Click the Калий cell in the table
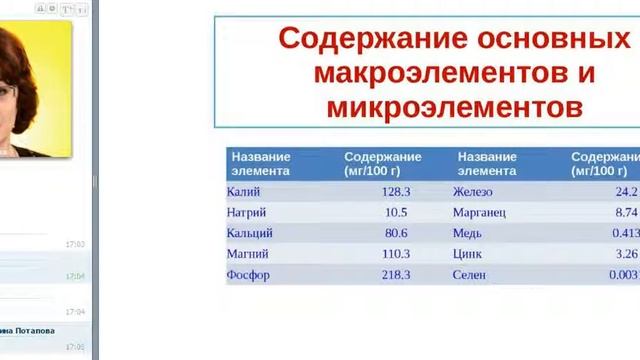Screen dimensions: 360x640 (242, 192)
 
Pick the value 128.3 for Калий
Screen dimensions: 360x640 (396, 192)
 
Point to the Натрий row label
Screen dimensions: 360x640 (247, 213)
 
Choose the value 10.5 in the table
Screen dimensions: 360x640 (396, 213)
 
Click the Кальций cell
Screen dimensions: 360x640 (250, 233)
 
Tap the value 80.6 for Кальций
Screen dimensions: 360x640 (396, 233)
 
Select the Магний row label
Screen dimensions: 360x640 (248, 254)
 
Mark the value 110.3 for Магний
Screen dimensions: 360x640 (396, 254)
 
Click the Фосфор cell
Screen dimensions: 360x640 (248, 275)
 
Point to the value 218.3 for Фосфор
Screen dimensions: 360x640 (396, 275)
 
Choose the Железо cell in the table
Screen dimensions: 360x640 (473, 192)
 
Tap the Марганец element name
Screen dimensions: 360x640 (480, 213)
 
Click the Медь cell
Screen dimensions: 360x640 (467, 233)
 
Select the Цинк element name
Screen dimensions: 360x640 (468, 254)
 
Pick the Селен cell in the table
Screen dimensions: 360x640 (469, 275)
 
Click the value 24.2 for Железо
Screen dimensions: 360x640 (626, 192)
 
